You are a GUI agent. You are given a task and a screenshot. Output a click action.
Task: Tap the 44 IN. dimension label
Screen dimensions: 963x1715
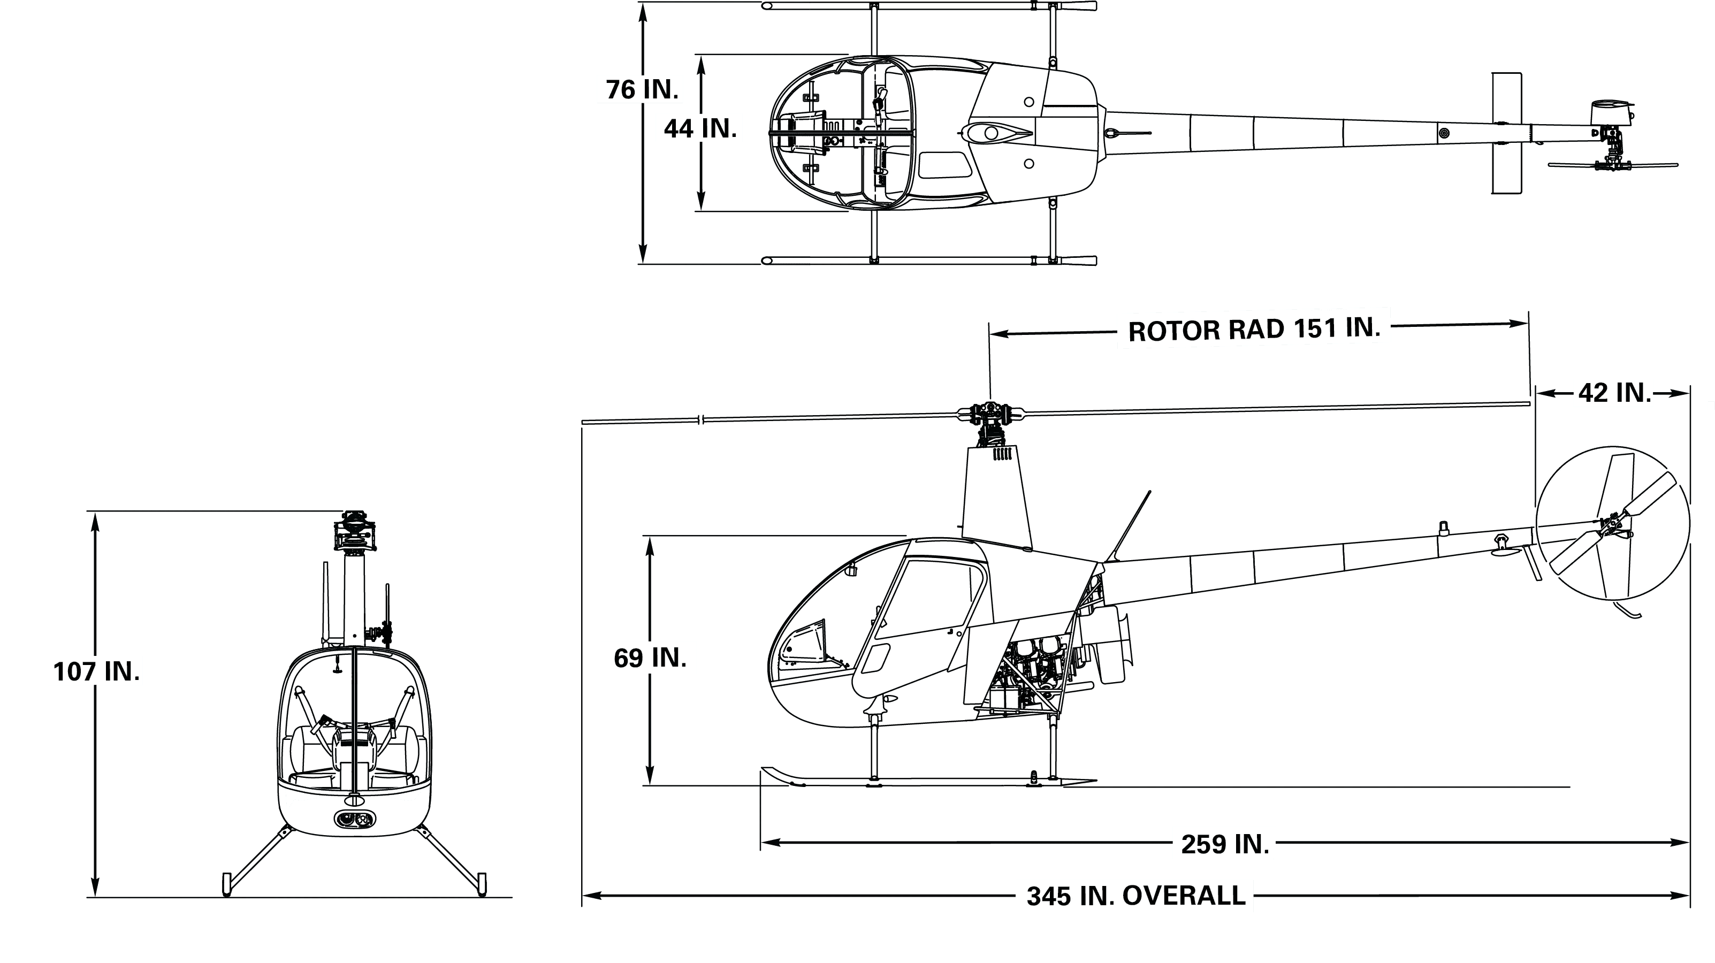(x=700, y=128)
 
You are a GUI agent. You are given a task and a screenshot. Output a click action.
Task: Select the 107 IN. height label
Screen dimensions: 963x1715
(x=95, y=671)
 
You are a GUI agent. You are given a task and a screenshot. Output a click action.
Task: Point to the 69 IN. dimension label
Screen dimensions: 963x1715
(x=649, y=658)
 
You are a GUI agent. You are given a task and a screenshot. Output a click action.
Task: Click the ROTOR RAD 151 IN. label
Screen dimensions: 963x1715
(x=1254, y=329)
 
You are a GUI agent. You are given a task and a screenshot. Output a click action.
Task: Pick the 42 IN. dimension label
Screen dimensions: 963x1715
(x=1614, y=393)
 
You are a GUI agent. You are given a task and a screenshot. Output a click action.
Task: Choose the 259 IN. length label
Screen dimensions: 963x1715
(x=1224, y=844)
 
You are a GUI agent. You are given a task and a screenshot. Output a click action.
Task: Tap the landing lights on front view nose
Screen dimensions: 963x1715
(x=354, y=820)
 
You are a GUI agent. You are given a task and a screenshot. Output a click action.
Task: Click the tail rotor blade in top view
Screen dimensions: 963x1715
(x=1611, y=164)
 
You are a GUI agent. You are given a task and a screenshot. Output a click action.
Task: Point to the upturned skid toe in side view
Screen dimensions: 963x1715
(x=779, y=776)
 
